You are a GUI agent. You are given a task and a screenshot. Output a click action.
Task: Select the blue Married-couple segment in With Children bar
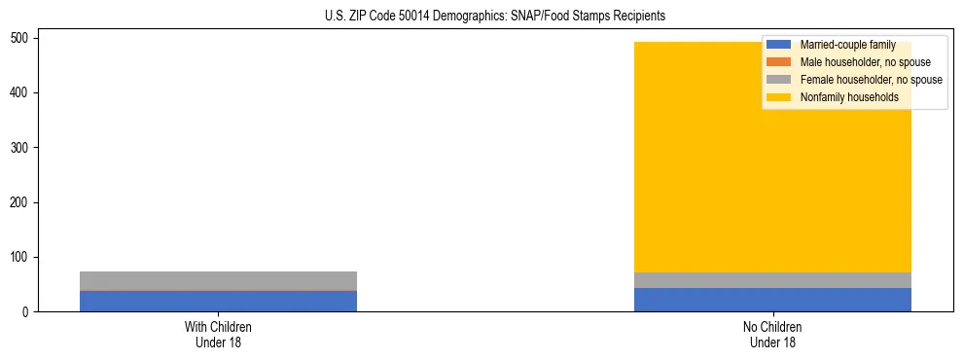pyautogui.click(x=218, y=301)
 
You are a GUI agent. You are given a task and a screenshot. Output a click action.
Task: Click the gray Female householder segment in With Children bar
pyautogui.click(x=218, y=280)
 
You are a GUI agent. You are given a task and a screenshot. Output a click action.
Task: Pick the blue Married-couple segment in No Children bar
pyautogui.click(x=772, y=300)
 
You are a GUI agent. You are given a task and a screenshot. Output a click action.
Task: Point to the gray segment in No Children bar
pyautogui.click(x=772, y=280)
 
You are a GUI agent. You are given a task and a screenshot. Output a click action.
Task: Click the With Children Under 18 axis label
pyautogui.click(x=218, y=334)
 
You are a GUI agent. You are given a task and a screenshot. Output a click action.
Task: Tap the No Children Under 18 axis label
pyautogui.click(x=772, y=334)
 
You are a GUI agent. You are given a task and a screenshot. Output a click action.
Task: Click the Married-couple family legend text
pyautogui.click(x=847, y=46)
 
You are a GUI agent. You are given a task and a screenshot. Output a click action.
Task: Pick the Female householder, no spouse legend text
pyautogui.click(x=871, y=80)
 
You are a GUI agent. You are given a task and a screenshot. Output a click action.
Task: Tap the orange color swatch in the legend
pyautogui.click(x=778, y=62)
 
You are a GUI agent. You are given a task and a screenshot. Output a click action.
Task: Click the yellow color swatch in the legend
pyautogui.click(x=778, y=97)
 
